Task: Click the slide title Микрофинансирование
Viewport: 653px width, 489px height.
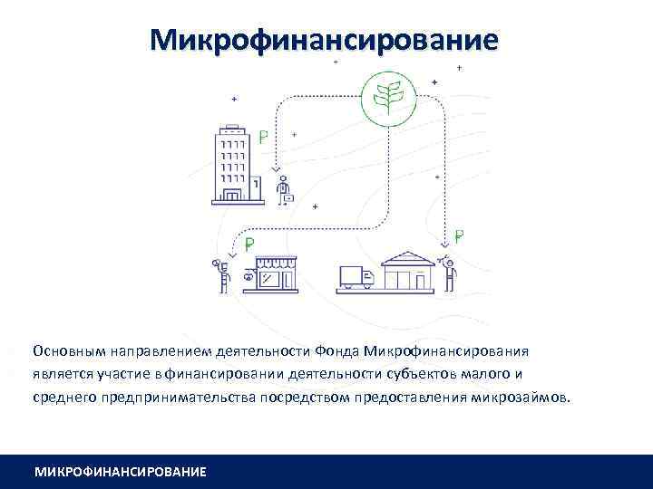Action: coord(325,40)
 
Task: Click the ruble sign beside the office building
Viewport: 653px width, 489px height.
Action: coord(263,139)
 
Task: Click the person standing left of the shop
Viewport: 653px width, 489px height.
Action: coord(220,275)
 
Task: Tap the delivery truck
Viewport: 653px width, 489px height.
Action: coord(356,278)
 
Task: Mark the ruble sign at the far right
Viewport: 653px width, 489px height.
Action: coord(459,237)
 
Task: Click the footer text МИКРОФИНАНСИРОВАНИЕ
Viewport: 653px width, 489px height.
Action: coord(120,472)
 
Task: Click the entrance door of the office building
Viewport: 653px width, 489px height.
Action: coord(232,195)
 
